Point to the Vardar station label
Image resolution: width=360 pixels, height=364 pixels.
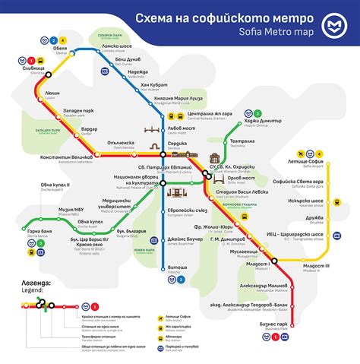(89, 131)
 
